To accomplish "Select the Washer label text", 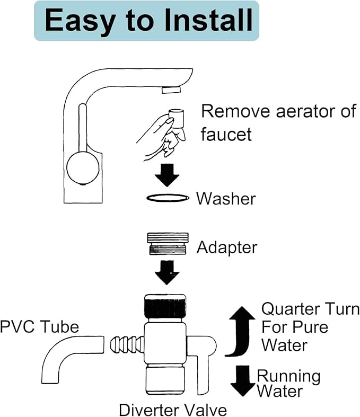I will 226,199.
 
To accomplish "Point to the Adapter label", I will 227,247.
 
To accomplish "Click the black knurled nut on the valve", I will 165,307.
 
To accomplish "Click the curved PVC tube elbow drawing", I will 64,358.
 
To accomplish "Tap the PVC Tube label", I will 40,326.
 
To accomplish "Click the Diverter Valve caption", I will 172,410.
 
